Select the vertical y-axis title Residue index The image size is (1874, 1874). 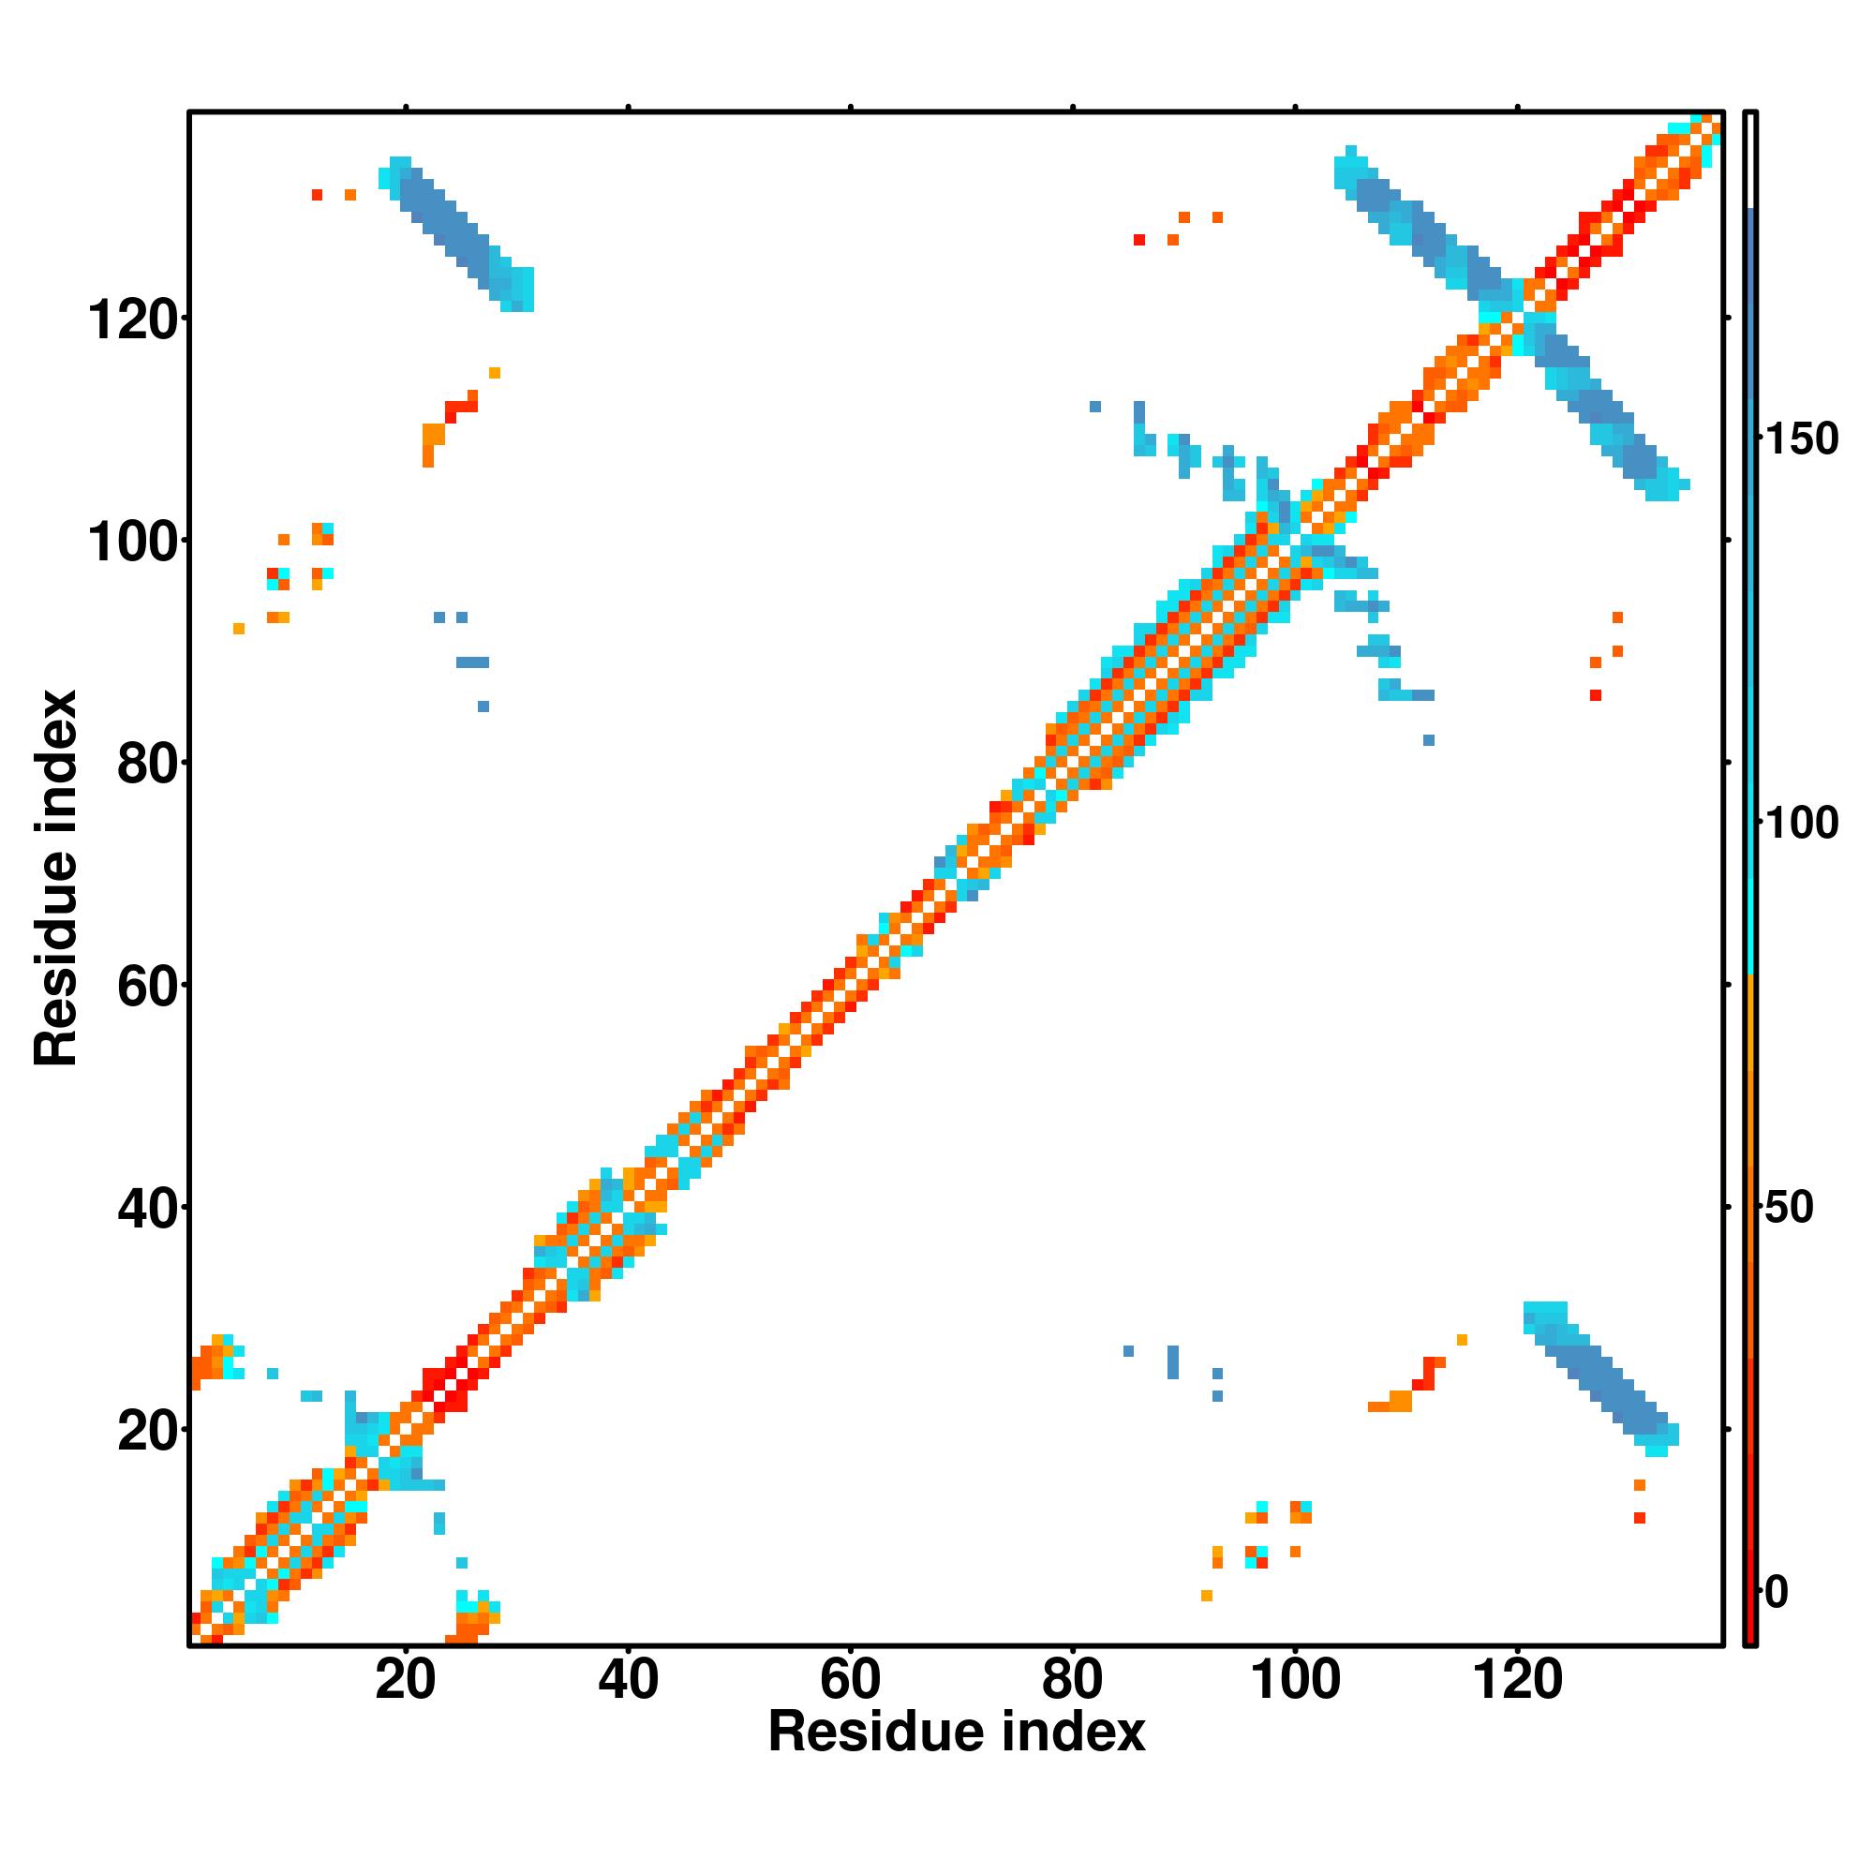(x=56, y=878)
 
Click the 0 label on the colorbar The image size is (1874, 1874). (x=1777, y=1593)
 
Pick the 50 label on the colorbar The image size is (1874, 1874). (x=1789, y=1209)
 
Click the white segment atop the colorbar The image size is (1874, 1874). (x=1751, y=160)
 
